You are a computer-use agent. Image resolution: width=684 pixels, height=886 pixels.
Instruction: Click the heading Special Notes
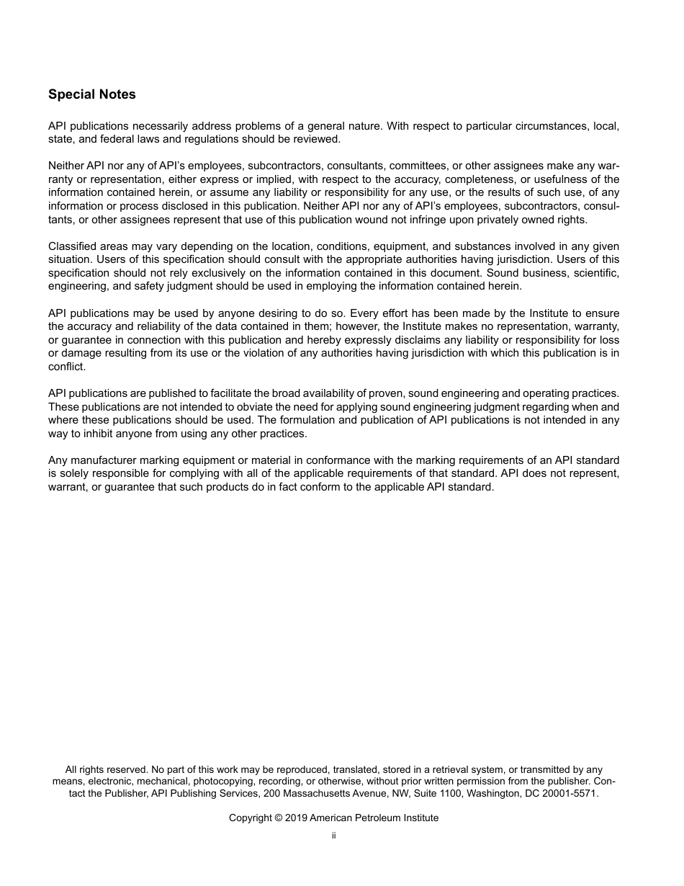(x=91, y=94)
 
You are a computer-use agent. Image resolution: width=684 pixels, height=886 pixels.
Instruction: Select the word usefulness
(x=571, y=179)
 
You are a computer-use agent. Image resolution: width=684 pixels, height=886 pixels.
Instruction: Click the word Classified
(x=73, y=246)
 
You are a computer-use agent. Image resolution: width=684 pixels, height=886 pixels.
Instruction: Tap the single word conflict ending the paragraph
(x=66, y=367)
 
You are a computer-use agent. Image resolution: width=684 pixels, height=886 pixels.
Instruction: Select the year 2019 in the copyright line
(x=296, y=818)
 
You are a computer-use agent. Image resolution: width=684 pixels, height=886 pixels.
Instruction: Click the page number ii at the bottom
(x=333, y=836)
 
